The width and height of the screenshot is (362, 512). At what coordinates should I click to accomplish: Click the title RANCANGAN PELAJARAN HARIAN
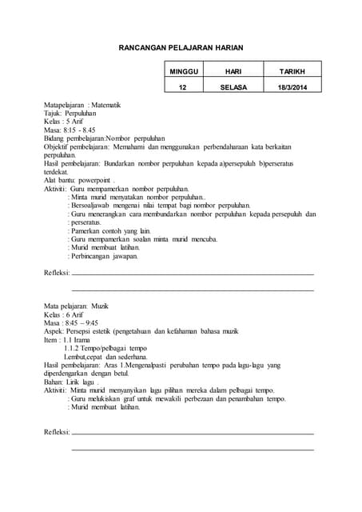(x=181, y=48)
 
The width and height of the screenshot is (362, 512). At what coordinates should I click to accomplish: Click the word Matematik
(x=105, y=105)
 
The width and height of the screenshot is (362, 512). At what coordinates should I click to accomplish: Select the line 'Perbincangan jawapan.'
(x=105, y=256)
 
